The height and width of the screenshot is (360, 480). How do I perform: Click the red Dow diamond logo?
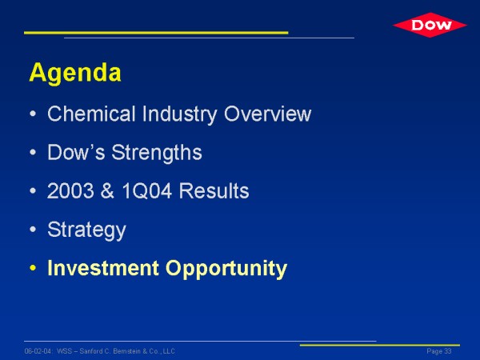click(x=430, y=25)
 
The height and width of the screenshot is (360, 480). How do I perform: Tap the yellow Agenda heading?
click(x=75, y=73)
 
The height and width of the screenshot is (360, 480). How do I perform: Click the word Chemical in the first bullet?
click(x=91, y=114)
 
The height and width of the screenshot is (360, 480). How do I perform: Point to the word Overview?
click(x=267, y=114)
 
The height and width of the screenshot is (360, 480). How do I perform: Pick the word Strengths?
click(x=157, y=154)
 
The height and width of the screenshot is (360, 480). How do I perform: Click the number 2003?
click(x=70, y=191)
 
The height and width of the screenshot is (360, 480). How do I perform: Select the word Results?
click(x=214, y=191)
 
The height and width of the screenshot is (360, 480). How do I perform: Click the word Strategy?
click(x=87, y=230)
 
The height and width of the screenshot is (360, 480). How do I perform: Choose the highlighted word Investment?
click(x=103, y=268)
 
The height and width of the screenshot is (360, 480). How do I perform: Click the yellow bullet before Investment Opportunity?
click(x=33, y=268)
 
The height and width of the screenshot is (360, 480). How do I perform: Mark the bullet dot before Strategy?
click(x=33, y=230)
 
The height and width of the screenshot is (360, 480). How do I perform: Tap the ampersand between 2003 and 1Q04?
click(x=107, y=191)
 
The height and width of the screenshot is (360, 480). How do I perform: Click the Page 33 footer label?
click(x=439, y=351)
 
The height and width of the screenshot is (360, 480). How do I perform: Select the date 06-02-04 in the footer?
click(x=38, y=351)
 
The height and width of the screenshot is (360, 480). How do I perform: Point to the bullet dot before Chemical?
click(x=33, y=114)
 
